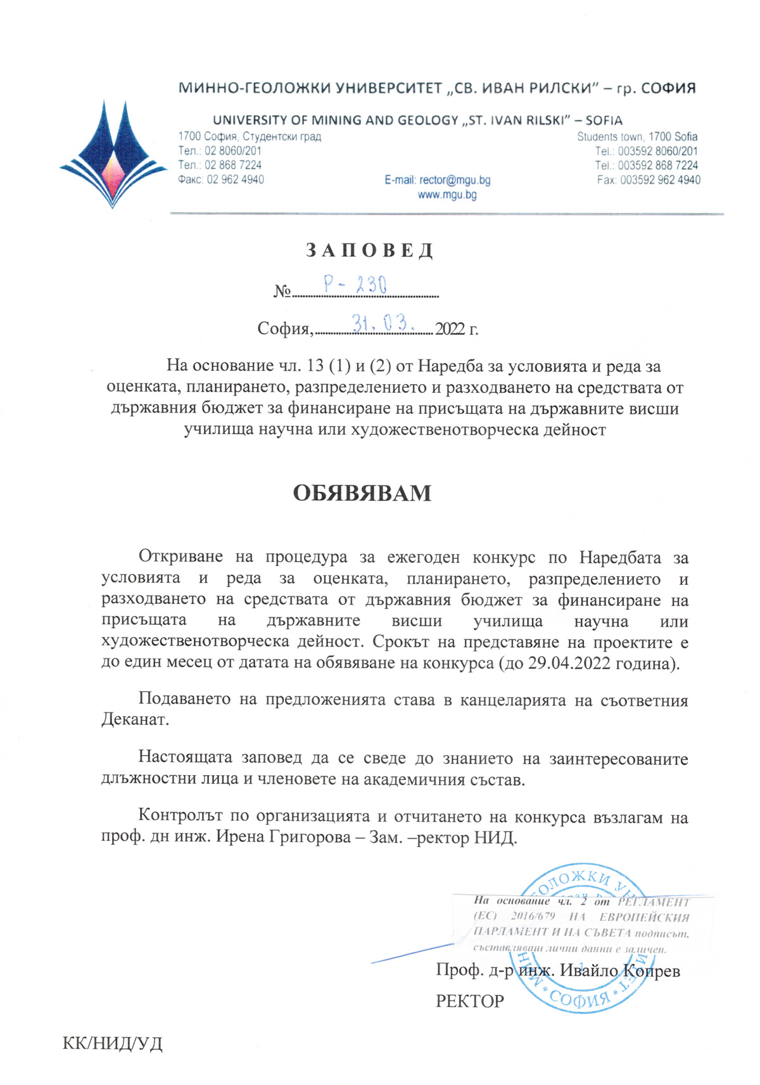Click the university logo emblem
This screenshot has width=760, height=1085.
pyautogui.click(x=113, y=155)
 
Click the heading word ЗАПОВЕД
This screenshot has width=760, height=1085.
pyautogui.click(x=370, y=251)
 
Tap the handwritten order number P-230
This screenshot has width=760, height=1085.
pyautogui.click(x=355, y=285)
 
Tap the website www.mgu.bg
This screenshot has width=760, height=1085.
pyautogui.click(x=447, y=195)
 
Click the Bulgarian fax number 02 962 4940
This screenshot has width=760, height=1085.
pyautogui.click(x=235, y=180)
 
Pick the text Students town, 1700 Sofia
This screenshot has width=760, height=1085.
pyautogui.click(x=636, y=137)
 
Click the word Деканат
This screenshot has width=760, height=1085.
pyautogui.click(x=135, y=721)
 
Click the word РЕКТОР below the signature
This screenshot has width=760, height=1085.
pyautogui.click(x=470, y=1001)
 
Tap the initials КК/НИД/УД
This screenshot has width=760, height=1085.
pyautogui.click(x=113, y=1044)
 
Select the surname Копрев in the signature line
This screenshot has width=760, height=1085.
pyautogui.click(x=651, y=971)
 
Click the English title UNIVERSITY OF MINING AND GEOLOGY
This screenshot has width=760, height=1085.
pyautogui.click(x=336, y=120)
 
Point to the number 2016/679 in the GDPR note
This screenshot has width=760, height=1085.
pyautogui.click(x=533, y=916)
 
